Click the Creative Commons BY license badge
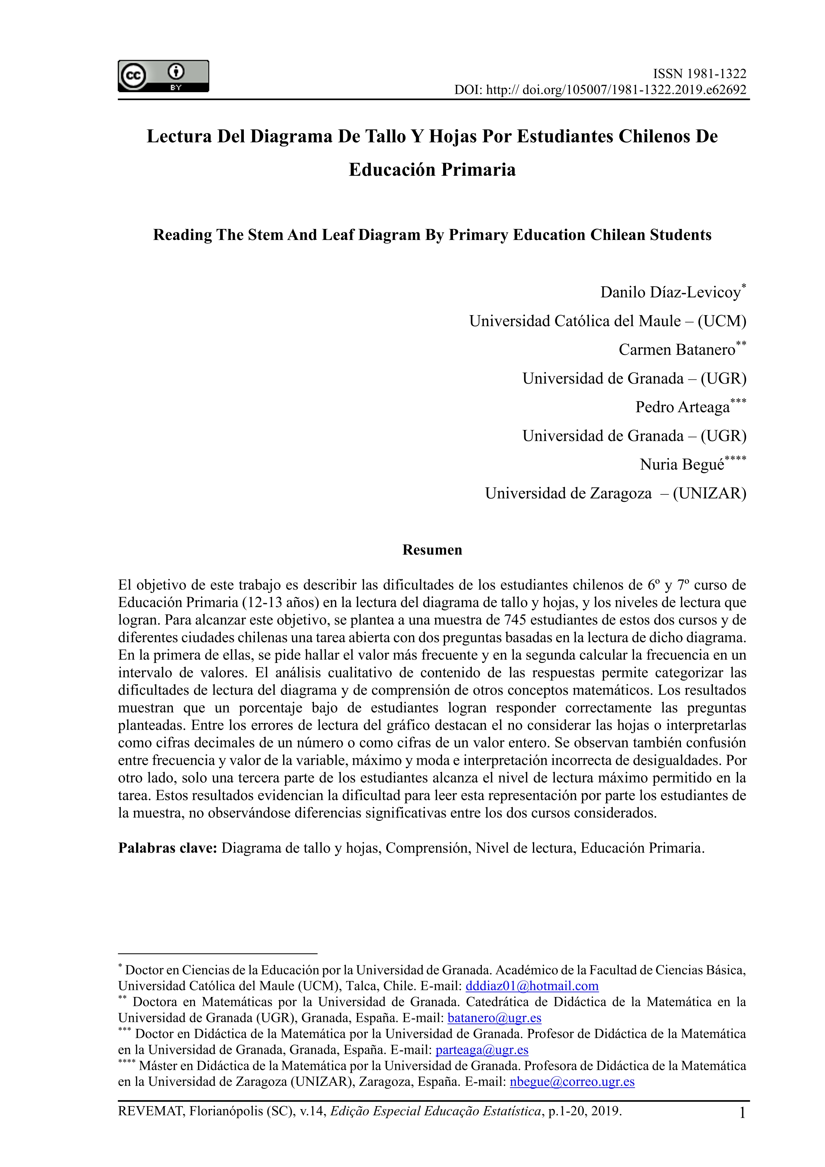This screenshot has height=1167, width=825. coord(163,76)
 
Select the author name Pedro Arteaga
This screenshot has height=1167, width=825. coord(682,407)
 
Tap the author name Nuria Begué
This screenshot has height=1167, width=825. coord(682,465)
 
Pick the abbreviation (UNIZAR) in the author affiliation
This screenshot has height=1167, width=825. coord(709,493)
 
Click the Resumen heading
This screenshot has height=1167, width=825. coord(432,550)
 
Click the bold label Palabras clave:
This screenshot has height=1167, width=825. coord(168,848)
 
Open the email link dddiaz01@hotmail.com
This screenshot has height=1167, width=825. coord(532,986)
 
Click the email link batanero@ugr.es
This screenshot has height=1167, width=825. coord(494,1018)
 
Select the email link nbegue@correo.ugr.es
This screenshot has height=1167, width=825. coord(572,1081)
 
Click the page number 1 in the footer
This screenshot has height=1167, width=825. coord(742,1113)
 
